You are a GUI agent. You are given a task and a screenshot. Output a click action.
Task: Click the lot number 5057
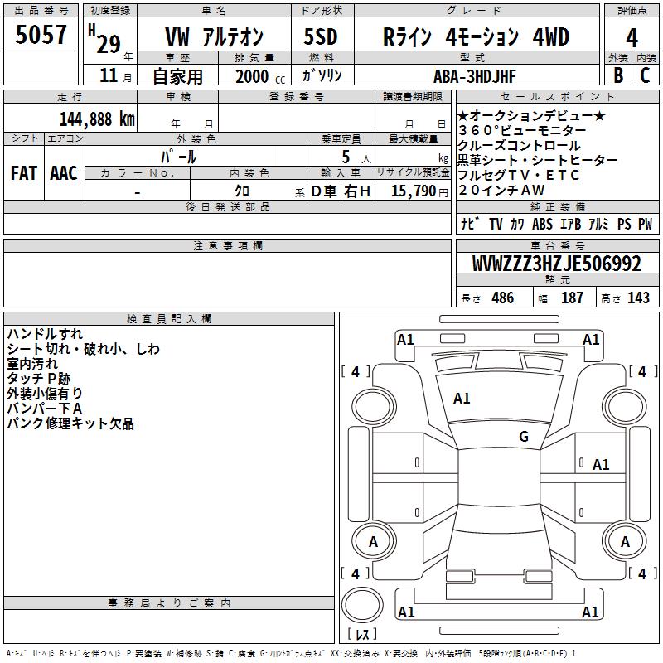pyautogui.click(x=41, y=35)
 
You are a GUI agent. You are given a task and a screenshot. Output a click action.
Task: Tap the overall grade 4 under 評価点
pyautogui.click(x=632, y=38)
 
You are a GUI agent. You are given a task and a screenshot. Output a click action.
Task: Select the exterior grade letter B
pyautogui.click(x=618, y=75)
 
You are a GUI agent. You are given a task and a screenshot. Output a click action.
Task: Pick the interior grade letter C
pyautogui.click(x=645, y=75)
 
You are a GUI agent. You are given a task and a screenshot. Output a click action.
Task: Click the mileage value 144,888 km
pyautogui.click(x=97, y=119)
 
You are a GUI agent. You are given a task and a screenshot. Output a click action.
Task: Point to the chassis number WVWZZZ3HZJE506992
pyautogui.click(x=557, y=264)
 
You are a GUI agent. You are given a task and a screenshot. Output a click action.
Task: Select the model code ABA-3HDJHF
pyautogui.click(x=475, y=76)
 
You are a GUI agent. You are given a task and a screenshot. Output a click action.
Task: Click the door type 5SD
pyautogui.click(x=321, y=36)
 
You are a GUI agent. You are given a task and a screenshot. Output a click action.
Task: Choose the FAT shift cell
pyautogui.click(x=24, y=173)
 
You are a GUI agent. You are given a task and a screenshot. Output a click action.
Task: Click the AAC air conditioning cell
pyautogui.click(x=64, y=173)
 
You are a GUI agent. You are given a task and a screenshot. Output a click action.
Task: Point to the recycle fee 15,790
pyautogui.click(x=414, y=191)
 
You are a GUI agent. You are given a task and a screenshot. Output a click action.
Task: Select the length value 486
pyautogui.click(x=503, y=298)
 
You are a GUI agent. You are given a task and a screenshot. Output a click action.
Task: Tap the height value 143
pyautogui.click(x=638, y=298)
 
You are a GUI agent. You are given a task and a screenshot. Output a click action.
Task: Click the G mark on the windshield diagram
pyautogui.click(x=524, y=437)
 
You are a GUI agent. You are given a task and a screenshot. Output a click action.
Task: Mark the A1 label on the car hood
pyautogui.click(x=462, y=399)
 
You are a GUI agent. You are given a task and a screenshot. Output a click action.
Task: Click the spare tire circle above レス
pyautogui.click(x=362, y=605)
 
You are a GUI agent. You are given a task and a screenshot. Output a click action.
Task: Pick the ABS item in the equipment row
pyautogui.click(x=542, y=224)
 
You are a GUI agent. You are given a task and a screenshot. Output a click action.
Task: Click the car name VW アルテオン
pyautogui.click(x=214, y=36)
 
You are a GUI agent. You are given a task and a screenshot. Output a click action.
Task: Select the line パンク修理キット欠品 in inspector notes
pyautogui.click(x=70, y=423)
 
